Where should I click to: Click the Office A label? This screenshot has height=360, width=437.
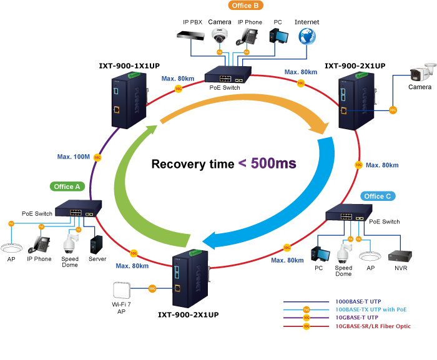tap(68, 187)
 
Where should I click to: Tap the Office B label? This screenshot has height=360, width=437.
tap(245, 5)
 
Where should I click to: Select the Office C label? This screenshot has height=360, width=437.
tap(378, 196)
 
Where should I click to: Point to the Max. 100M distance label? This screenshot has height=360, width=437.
tap(72, 157)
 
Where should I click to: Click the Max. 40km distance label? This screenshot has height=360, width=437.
tap(382, 165)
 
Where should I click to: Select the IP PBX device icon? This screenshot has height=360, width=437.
tap(190, 35)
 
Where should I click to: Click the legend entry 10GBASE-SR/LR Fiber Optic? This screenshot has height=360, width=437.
tap(373, 326)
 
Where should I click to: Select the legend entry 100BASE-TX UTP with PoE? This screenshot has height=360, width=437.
tap(372, 309)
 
